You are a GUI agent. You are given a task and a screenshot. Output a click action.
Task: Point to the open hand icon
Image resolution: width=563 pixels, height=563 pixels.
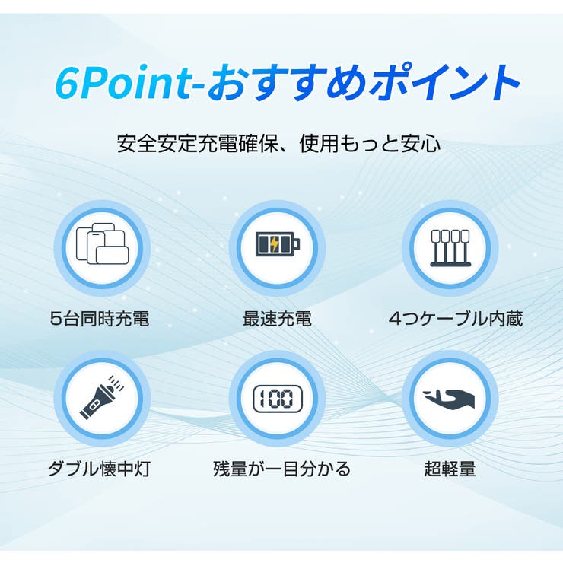[x=450, y=399]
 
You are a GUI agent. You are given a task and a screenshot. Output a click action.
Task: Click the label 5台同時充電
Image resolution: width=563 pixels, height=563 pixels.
[x=100, y=319]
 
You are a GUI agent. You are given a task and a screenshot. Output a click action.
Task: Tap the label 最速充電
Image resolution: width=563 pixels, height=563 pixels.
[x=277, y=319]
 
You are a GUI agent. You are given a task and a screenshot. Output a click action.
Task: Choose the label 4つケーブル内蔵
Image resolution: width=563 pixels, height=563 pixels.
[x=455, y=319]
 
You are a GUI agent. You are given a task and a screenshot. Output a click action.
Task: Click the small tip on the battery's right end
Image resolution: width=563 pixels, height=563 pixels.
[x=297, y=245]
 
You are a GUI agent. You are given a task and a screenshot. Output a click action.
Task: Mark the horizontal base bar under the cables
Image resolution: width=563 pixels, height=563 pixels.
[x=450, y=263]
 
